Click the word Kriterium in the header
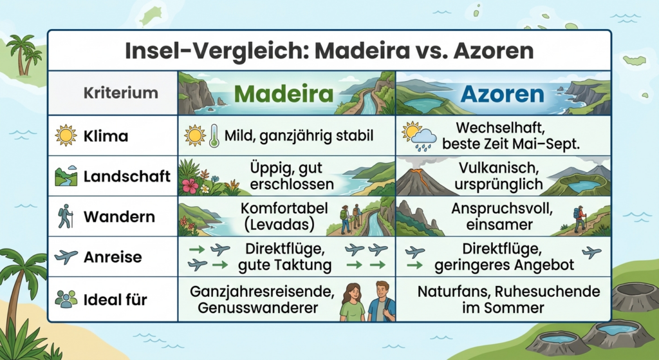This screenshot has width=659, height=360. coord(120,93)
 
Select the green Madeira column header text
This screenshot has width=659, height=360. coord(283,94)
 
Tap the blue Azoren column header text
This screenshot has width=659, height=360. coord(502,94)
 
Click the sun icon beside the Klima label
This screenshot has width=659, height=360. coord(66,135)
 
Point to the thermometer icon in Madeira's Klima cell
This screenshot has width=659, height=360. coord(214,135)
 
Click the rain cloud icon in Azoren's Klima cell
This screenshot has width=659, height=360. coord(423,139)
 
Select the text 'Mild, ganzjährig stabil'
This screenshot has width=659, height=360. coord(299,136)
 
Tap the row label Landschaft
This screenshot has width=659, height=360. coord(127,176)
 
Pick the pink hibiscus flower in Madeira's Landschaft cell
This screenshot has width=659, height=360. coord(190,185)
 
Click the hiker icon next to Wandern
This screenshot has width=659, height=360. coord(66,216)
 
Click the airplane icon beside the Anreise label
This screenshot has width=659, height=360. coord(66,256)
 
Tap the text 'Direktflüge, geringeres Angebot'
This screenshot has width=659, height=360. coord(504,257)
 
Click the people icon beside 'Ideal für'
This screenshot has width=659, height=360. coord(66,299)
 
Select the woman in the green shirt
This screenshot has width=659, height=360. coord(352,302)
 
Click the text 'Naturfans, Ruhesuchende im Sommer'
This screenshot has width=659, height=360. coord(508,299)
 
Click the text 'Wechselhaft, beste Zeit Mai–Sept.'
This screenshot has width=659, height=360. coord(510,136)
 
